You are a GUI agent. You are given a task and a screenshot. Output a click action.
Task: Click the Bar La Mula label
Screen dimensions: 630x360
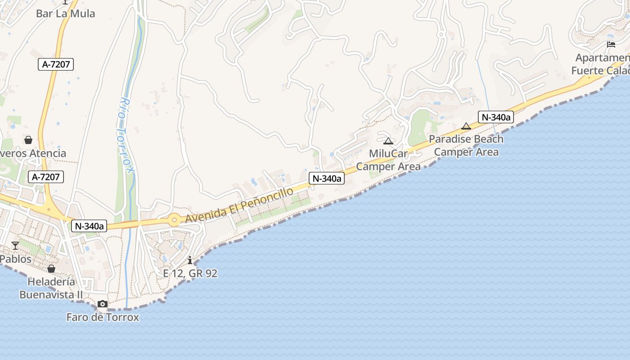click(66, 13)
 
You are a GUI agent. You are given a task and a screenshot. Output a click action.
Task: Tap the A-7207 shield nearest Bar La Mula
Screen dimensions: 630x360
click(56, 64)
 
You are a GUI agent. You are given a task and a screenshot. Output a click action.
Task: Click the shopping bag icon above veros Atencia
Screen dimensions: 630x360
click(28, 140)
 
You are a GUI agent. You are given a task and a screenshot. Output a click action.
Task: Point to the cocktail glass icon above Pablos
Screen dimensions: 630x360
click(15, 245)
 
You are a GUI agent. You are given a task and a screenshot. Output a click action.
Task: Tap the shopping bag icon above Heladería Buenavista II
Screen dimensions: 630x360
click(51, 269)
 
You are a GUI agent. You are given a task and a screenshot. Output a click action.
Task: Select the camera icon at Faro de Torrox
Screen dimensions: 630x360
click(103, 304)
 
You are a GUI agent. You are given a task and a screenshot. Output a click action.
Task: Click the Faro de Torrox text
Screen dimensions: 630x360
click(103, 317)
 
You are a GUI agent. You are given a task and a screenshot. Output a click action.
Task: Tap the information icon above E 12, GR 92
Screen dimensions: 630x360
click(190, 260)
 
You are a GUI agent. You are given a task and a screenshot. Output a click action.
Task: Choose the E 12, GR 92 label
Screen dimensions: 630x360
click(190, 273)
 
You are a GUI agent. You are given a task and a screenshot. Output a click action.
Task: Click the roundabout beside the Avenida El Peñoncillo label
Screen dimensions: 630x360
click(174, 220)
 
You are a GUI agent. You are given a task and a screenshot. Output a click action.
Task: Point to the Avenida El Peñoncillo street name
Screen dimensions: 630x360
click(239, 205)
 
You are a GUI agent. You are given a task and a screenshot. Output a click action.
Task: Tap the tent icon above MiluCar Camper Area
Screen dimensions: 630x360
click(388, 141)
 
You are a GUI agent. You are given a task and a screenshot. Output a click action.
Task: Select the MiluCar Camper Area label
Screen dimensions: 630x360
click(388, 160)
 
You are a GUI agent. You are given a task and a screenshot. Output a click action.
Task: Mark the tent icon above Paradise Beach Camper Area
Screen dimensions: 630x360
click(466, 126)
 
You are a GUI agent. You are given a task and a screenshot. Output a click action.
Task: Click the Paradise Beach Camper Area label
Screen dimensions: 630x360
click(466, 145)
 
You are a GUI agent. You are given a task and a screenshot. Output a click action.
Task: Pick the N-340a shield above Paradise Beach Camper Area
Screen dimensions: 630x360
click(495, 117)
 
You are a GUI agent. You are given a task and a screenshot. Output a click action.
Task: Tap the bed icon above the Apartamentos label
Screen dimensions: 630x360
click(611, 44)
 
